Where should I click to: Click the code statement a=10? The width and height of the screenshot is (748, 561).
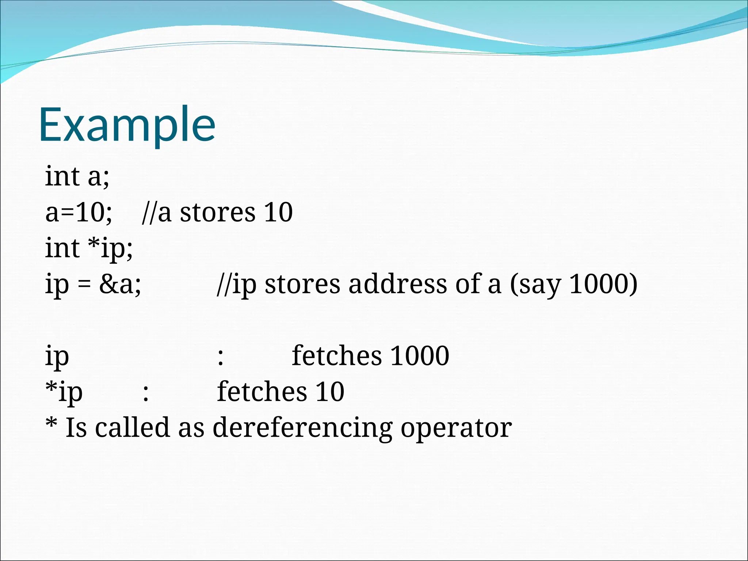tap(79, 212)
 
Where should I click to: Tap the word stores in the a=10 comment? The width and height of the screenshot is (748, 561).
tap(217, 212)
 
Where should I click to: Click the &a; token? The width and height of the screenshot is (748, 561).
tap(120, 284)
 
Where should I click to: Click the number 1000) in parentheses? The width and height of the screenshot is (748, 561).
tap(603, 284)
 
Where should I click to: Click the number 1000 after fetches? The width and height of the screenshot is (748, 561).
tap(420, 355)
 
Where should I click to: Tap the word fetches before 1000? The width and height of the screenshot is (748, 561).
tap(337, 355)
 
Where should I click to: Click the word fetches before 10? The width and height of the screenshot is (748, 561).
tap(262, 391)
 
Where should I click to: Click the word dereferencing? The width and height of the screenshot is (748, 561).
tap(302, 428)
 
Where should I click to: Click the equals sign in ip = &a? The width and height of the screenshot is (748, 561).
tap(84, 285)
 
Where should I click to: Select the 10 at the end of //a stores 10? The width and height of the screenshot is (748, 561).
tap(278, 212)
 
